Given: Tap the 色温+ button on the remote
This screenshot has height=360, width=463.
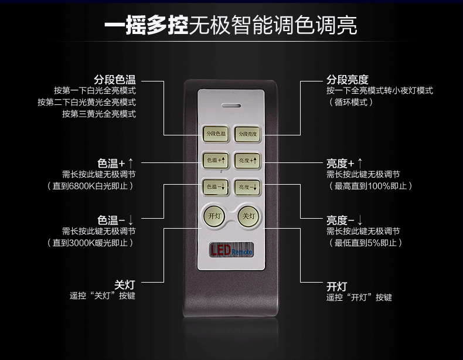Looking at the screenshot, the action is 215,159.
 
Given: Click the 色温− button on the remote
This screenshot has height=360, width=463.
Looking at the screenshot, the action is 215,186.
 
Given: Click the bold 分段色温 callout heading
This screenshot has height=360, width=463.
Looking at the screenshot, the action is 114,79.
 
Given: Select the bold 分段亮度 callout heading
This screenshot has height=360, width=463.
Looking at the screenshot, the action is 347,79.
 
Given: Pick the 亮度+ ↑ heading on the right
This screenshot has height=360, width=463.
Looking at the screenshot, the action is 345,162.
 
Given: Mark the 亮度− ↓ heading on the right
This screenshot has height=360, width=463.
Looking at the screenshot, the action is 345,220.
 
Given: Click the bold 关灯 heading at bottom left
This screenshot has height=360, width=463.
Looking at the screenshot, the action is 125,284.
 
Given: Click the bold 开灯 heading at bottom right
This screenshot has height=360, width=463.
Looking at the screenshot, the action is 337,286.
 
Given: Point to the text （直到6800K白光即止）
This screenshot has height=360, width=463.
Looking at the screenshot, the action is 91,186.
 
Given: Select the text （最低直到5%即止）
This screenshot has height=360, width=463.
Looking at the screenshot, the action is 366,243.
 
